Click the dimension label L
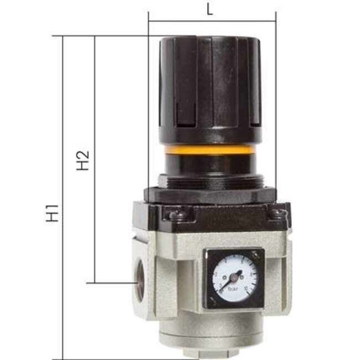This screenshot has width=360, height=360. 209,9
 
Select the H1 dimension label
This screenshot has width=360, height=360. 53,214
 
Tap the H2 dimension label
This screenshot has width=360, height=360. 83,160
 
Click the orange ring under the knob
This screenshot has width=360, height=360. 210,150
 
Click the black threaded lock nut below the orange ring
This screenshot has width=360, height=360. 210,179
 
